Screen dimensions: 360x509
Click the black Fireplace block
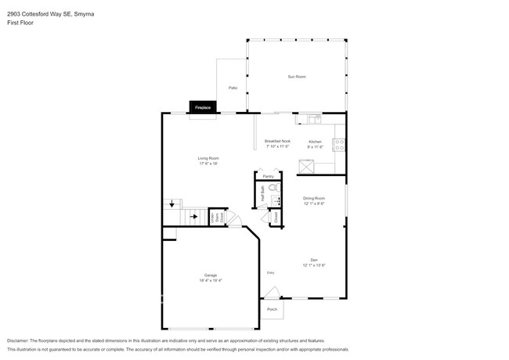[203, 107]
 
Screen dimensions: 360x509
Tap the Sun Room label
[296, 77]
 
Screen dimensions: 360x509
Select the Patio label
[233, 88]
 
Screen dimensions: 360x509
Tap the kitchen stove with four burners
[341, 144]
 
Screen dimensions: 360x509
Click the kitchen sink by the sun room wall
[314, 120]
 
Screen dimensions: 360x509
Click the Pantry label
[269, 177]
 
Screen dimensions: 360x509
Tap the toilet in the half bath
[274, 189]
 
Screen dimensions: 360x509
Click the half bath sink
[275, 201]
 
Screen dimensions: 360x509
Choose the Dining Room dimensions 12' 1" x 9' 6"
[314, 203]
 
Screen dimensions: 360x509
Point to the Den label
[314, 260]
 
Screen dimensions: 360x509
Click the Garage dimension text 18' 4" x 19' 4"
[211, 280]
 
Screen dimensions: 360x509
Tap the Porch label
[272, 309]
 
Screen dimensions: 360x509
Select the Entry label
[271, 272]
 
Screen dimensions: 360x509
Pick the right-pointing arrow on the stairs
[193, 217]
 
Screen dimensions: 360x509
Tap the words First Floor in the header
[21, 23]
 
